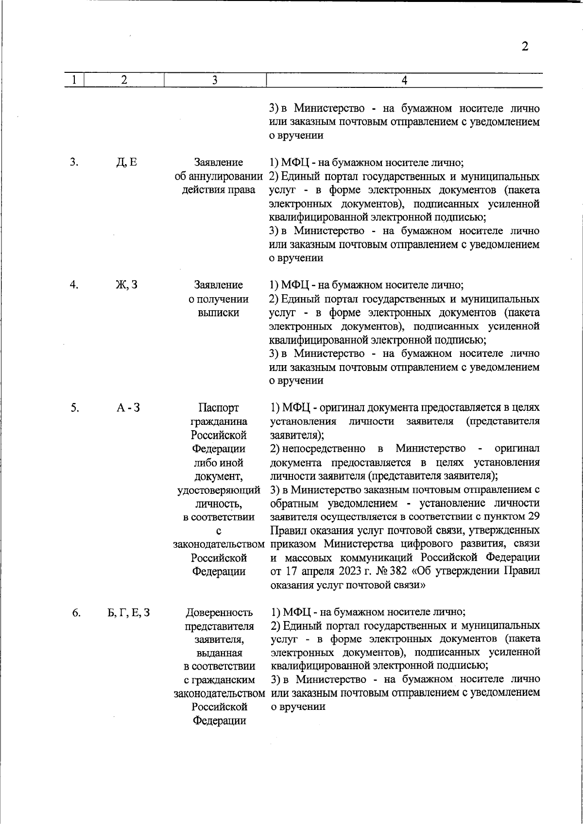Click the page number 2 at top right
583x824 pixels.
point(524,47)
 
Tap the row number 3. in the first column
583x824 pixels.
point(73,162)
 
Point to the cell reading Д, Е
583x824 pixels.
point(126,162)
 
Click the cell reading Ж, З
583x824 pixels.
point(126,285)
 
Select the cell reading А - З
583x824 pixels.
point(128,408)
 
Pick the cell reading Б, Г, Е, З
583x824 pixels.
point(128,613)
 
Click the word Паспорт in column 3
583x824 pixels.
point(219,408)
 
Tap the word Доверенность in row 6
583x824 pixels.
point(219,613)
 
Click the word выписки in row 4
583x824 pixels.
point(219,313)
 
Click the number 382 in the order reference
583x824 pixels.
point(398,571)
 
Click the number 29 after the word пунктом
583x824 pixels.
point(533,516)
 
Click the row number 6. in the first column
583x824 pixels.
point(76,613)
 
